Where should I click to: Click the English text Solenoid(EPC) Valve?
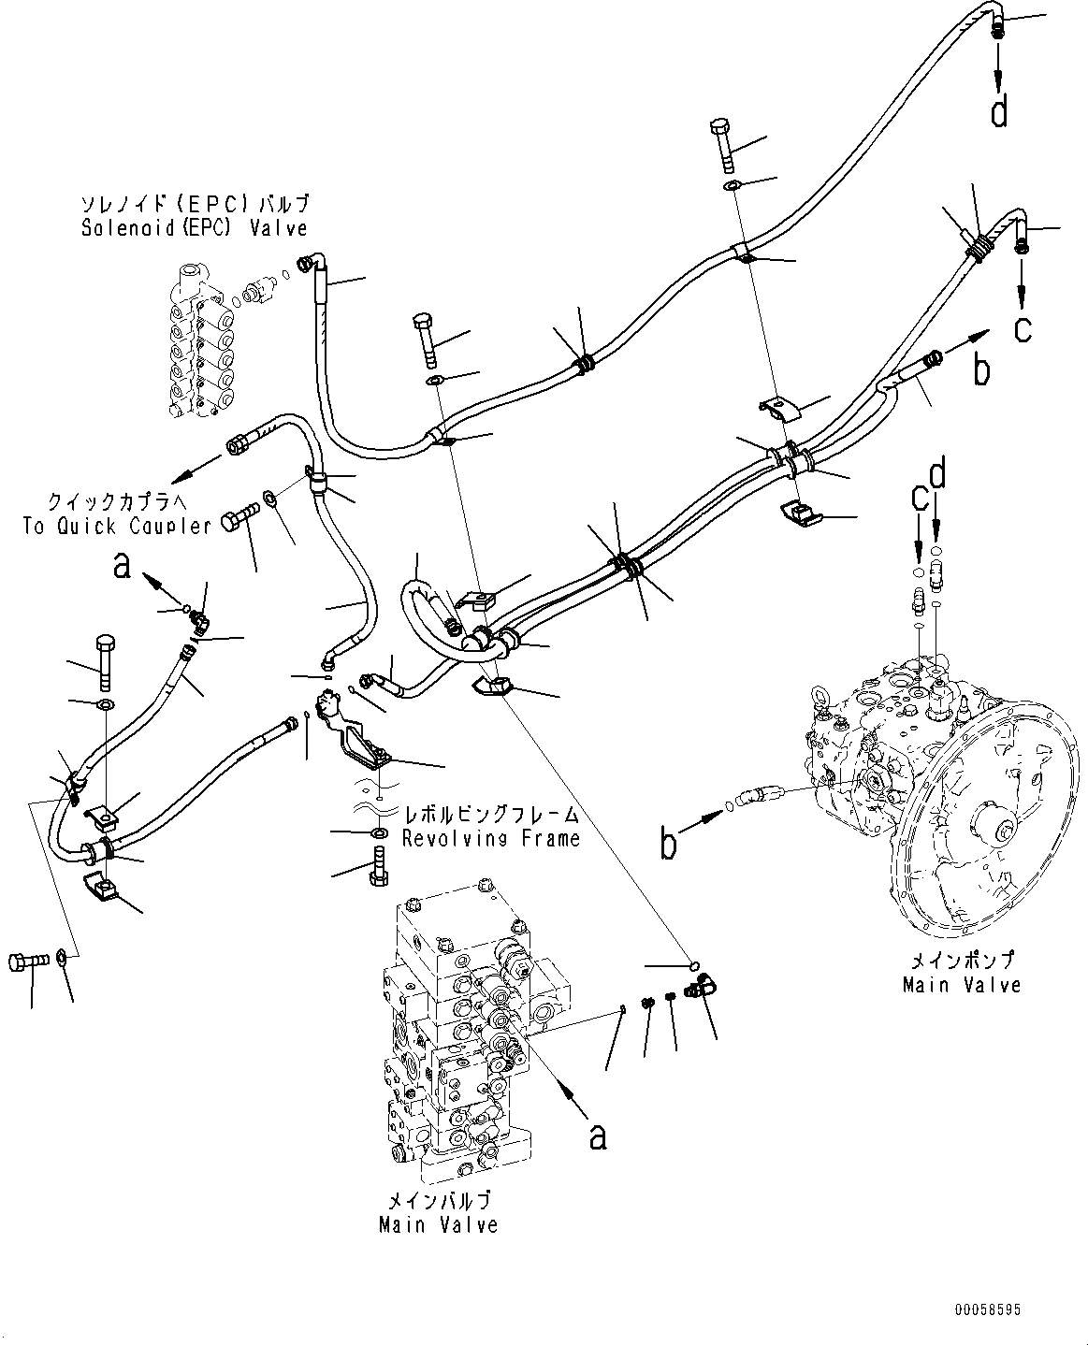194,227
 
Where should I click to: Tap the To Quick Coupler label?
117,526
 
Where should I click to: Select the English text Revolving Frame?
490,838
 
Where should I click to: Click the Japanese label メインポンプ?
962,961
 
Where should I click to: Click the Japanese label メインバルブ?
438,1201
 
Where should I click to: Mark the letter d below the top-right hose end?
1000,112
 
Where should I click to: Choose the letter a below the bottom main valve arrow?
597,1135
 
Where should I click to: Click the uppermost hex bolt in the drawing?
723,145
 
